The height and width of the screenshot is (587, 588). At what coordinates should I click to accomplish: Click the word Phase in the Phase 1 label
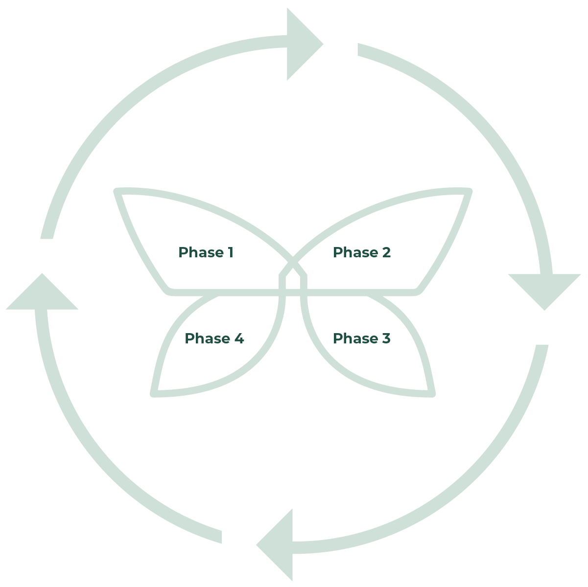(201, 253)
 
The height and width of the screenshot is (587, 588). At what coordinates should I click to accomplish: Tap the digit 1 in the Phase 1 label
(231, 252)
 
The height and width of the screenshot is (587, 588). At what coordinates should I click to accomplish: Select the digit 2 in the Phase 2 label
(386, 252)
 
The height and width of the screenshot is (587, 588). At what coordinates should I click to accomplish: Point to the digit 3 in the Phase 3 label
(386, 338)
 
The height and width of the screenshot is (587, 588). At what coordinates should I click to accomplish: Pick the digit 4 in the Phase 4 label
(239, 338)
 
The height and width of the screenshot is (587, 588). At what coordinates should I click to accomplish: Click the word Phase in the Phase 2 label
(355, 253)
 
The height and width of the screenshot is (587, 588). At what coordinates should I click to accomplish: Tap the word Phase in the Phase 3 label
(355, 339)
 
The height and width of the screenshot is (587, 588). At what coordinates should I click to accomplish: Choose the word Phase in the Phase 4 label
(208, 339)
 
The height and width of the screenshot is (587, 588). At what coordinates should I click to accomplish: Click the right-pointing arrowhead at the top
(305, 44)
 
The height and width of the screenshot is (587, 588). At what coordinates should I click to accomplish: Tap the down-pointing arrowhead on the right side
(544, 292)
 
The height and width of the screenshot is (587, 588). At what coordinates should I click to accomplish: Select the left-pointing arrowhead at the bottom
(274, 545)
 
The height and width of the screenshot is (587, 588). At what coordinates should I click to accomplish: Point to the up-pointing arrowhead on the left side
(42, 291)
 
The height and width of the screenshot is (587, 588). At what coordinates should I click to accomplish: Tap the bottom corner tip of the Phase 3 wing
(433, 395)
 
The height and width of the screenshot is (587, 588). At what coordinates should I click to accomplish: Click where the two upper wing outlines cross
(293, 262)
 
